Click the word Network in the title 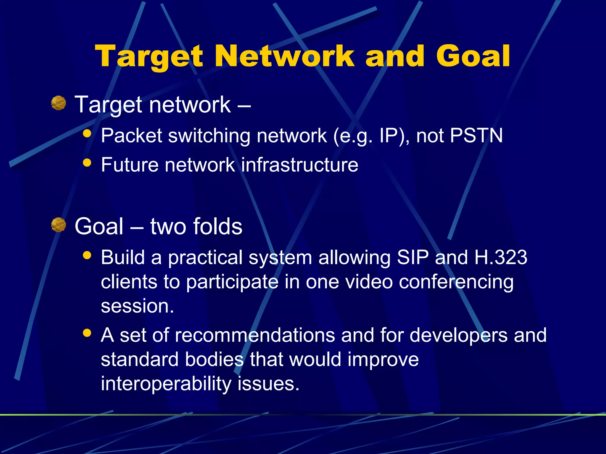coord(284,56)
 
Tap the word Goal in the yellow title coord(473,56)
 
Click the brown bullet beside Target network coord(58,103)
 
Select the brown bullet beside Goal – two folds coord(58,225)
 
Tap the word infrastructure coord(299,165)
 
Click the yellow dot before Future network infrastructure coord(87,162)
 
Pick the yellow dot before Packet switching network coord(87,133)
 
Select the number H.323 coord(501,257)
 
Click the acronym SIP coord(412,257)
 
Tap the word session coord(137,306)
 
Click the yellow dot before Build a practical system coord(87,255)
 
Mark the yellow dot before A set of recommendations coord(87,333)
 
